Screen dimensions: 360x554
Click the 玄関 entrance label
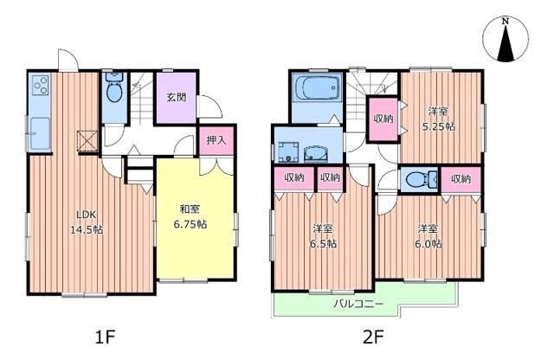point(177,98)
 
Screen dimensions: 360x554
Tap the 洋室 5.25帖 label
point(440,119)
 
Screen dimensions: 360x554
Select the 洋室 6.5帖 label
point(324,236)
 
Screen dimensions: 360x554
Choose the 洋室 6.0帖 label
point(428,236)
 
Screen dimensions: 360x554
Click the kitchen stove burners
point(39,87)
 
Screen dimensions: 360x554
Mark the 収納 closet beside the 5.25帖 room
point(383,119)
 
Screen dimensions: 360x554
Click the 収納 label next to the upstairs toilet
point(461,179)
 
